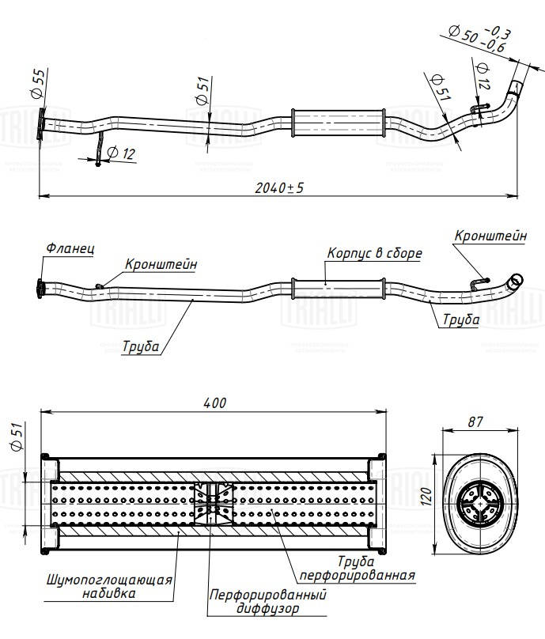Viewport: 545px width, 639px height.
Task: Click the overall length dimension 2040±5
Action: (279, 188)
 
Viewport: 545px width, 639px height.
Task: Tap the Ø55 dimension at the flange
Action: (38, 84)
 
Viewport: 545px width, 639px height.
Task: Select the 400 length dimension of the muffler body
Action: (214, 403)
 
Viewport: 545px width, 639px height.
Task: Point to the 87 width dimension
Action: (475, 422)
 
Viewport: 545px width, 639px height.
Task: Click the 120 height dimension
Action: (426, 496)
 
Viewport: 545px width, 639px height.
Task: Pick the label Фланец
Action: (70, 248)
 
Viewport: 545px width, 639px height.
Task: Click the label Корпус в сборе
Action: (375, 253)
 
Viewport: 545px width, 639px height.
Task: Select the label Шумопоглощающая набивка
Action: (109, 586)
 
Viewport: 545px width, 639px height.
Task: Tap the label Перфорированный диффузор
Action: (268, 601)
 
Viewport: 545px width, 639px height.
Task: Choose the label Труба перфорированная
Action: (357, 568)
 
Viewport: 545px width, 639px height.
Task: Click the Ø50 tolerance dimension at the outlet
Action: (479, 39)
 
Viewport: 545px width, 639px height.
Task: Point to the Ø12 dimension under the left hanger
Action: (121, 153)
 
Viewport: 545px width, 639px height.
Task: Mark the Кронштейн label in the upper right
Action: (490, 236)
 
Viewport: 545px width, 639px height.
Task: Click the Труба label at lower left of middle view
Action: (141, 346)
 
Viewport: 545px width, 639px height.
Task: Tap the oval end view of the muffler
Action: (480, 504)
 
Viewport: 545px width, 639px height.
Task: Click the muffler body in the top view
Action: (338, 123)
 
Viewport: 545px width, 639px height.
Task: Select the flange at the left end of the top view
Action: (40, 123)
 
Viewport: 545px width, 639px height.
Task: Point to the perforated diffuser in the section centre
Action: (213, 504)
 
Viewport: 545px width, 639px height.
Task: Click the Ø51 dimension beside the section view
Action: (17, 437)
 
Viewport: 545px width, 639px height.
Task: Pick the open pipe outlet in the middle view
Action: (517, 281)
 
